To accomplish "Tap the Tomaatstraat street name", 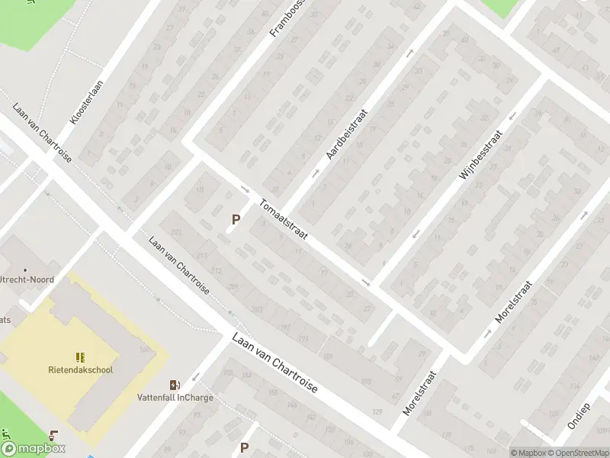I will coord(283,219).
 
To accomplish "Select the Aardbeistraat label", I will coord(347,132).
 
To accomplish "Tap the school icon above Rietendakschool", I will coord(80,356).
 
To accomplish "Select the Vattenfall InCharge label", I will coord(175,398).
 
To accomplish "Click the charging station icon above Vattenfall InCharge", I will coord(175,384).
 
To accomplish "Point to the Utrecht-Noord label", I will coord(27,279).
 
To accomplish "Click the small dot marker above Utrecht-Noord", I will coord(26,269).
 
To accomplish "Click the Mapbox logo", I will coord(34,449).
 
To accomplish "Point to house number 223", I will coord(177,233).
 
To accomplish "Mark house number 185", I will coord(329,356).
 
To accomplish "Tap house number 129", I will coord(376,412).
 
